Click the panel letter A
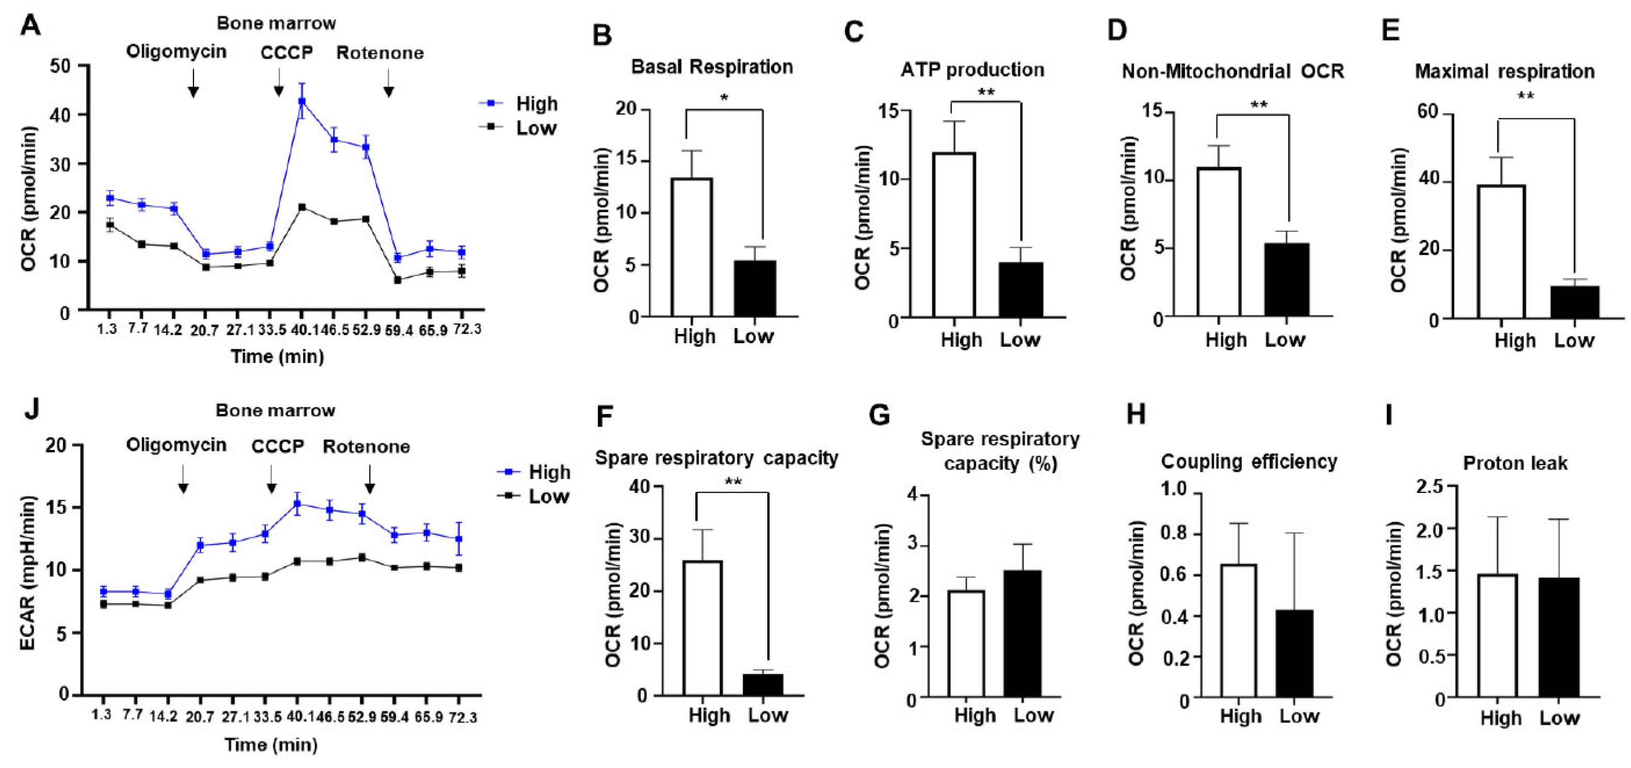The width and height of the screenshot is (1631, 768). (x=30, y=27)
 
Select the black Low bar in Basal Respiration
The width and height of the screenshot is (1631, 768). (x=755, y=288)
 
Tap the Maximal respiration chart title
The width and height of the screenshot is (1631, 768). (x=1505, y=72)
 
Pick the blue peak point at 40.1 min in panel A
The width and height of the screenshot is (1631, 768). (x=302, y=101)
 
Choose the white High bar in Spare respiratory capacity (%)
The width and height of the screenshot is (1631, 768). (x=966, y=645)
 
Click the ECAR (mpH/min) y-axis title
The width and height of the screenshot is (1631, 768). (x=28, y=573)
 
